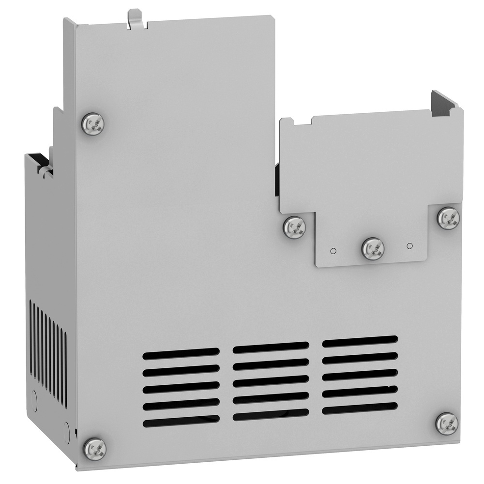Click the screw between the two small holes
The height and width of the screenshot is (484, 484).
point(373,249)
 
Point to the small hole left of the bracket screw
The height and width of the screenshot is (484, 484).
point(333,251)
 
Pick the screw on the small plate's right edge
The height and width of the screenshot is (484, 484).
point(448,217)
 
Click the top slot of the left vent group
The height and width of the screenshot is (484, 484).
point(181,353)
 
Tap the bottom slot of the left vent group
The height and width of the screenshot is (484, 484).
point(181,422)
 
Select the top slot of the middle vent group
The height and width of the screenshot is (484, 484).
point(271,348)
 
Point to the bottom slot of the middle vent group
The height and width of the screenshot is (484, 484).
point(271,415)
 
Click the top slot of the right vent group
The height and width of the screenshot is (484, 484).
point(360,341)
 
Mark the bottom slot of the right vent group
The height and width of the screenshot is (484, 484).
point(360,409)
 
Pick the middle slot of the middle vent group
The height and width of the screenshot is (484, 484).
point(271,381)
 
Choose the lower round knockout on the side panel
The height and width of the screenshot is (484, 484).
point(66,429)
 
